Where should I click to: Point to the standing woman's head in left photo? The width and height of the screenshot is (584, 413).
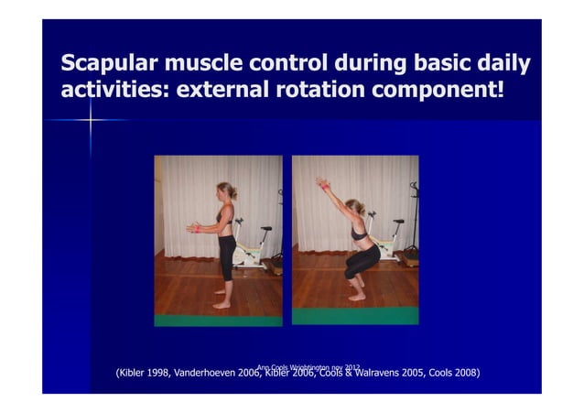pyautogui.click(x=225, y=192)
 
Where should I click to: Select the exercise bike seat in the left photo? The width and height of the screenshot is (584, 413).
pyautogui.click(x=265, y=230)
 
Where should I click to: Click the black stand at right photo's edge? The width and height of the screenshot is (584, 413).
pyautogui.click(x=414, y=220)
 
